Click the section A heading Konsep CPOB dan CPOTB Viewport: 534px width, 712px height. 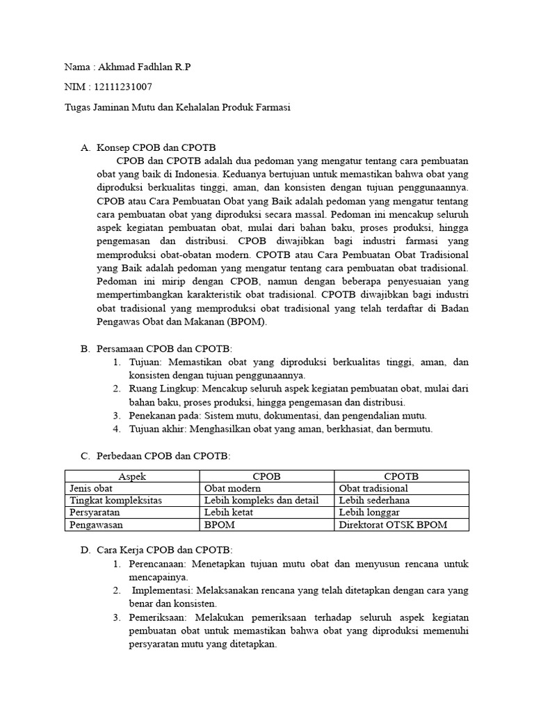coord(156,147)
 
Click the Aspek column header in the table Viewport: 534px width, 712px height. coord(132,476)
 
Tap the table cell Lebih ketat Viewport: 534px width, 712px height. coord(229,512)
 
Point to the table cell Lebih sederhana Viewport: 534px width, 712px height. coord(374,500)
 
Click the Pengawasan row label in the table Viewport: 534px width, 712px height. coord(97,525)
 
